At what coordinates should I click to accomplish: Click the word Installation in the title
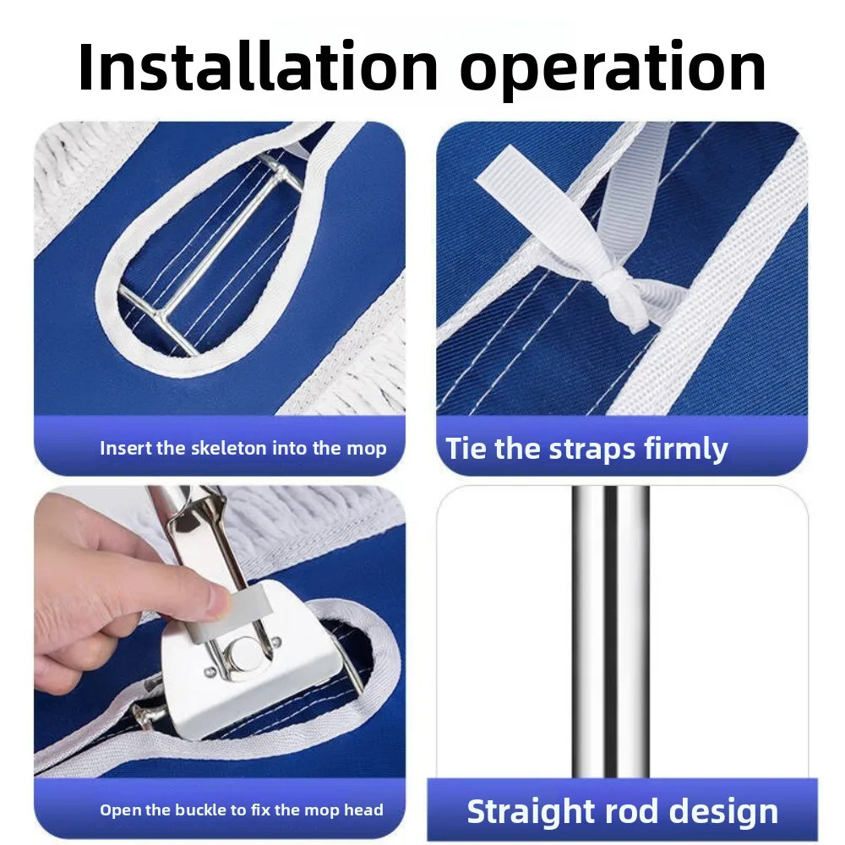tap(258, 68)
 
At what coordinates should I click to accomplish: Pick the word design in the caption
tap(723, 811)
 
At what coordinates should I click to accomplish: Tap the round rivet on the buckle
tap(245, 654)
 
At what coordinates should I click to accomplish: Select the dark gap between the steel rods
tap(611, 631)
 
